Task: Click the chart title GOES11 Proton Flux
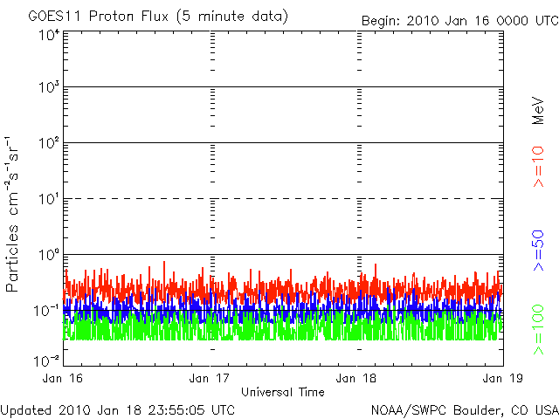98,17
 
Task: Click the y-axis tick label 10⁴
49,35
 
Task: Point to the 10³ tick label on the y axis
49,87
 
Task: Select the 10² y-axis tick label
49,143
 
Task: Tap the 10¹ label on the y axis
49,199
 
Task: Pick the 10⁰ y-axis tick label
49,255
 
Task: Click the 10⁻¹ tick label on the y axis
46,311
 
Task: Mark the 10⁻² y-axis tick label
46,361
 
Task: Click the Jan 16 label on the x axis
62,378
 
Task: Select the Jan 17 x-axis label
210,378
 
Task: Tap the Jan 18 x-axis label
356,378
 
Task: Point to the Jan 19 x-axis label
503,378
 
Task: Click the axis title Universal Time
283,392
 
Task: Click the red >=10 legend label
538,167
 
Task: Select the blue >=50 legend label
538,251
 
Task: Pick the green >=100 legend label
538,330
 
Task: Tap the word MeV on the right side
538,111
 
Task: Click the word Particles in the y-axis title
11,258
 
